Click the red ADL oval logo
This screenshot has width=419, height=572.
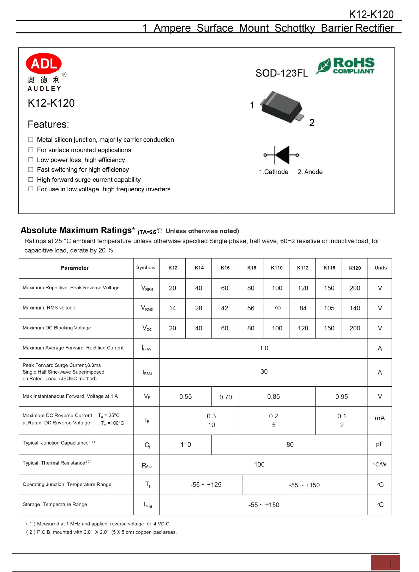(44, 63)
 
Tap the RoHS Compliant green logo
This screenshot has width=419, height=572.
(345, 66)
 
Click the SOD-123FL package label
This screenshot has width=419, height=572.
(282, 73)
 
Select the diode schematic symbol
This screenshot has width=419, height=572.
(281, 155)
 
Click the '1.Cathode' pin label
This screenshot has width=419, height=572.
(273, 172)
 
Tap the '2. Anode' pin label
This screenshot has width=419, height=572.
(310, 172)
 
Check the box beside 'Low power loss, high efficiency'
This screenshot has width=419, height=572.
(31, 160)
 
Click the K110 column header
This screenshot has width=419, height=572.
(276, 268)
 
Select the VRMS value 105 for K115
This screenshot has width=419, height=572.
(329, 308)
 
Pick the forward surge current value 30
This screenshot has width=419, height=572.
(264, 372)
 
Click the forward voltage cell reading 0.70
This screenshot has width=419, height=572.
(225, 397)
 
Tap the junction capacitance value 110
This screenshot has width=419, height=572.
(185, 444)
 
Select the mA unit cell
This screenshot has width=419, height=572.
(379, 418)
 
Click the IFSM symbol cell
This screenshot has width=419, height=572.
(147, 372)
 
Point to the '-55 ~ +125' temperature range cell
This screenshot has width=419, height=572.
(206, 485)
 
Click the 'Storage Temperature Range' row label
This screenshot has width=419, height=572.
(55, 504)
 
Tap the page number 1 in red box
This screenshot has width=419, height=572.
(390, 563)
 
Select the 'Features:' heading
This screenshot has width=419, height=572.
(48, 124)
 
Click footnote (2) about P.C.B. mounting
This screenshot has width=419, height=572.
(101, 532)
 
